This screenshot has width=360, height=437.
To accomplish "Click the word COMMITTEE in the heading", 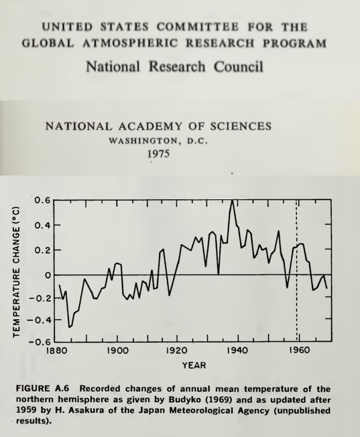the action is click(x=197, y=27).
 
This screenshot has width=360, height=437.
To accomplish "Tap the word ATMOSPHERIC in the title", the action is click(x=130, y=43).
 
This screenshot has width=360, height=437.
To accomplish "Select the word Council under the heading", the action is click(x=238, y=66).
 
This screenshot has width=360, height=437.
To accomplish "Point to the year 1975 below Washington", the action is click(x=158, y=153).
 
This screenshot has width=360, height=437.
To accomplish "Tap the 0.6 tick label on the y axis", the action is click(x=42, y=200).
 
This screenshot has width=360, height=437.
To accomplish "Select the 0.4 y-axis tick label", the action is click(x=42, y=225).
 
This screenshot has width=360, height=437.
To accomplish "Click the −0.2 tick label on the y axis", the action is click(x=39, y=298).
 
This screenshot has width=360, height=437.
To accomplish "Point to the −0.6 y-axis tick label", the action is click(x=39, y=342).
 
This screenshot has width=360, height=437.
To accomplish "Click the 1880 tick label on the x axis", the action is click(x=57, y=350).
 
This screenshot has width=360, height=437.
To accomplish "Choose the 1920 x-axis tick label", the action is click(x=177, y=350).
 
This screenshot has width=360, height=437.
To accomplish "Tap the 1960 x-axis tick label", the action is click(x=299, y=350).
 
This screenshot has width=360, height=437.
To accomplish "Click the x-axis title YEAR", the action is click(x=194, y=365).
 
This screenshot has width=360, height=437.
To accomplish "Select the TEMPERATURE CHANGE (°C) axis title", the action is click(x=16, y=272).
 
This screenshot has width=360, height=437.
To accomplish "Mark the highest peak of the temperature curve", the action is click(x=232, y=200).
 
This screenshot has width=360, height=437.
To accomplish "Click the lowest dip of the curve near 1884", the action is click(x=69, y=327).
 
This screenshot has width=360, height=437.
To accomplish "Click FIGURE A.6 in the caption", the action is click(x=42, y=389).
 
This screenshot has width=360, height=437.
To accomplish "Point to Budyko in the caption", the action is click(x=185, y=400).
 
